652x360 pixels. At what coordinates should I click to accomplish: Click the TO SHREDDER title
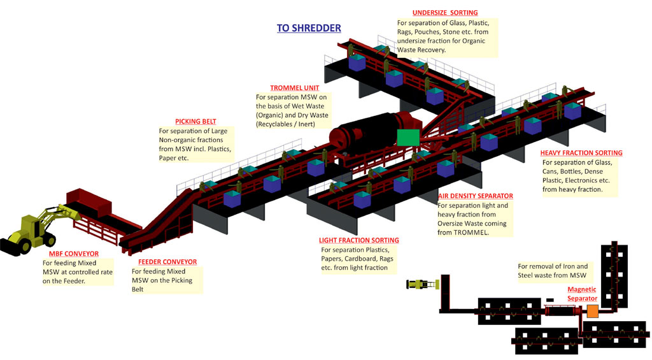click(309, 28)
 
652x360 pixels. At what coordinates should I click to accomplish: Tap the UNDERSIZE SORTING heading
click(445, 13)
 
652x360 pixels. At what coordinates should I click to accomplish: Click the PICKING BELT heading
click(195, 122)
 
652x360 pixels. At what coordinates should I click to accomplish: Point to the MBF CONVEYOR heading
click(71, 254)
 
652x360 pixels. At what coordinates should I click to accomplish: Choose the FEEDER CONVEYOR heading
click(167, 262)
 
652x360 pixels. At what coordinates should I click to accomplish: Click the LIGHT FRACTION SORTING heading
click(358, 240)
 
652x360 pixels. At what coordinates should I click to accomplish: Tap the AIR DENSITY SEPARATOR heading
click(476, 196)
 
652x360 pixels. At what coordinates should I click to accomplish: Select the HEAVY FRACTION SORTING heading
click(581, 153)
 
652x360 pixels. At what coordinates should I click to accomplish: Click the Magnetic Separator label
click(583, 294)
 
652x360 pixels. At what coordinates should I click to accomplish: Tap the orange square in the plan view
click(593, 311)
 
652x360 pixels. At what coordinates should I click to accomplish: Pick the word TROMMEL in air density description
click(475, 233)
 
